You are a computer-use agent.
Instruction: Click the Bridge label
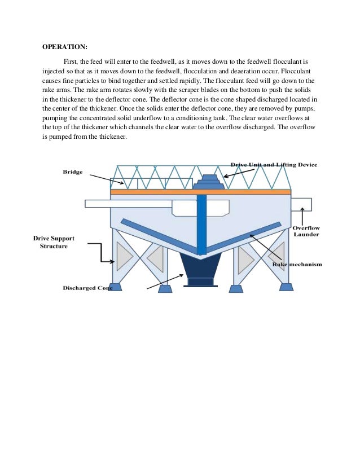(x=72, y=172)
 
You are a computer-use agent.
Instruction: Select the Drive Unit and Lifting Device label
(x=273, y=165)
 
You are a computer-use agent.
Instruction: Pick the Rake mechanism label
(x=296, y=264)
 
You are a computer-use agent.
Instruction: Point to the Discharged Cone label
(x=87, y=288)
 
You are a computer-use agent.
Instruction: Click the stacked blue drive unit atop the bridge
(x=208, y=181)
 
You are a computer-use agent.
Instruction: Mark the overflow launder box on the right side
(x=301, y=204)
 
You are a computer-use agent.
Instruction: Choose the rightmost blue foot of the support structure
(x=286, y=287)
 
